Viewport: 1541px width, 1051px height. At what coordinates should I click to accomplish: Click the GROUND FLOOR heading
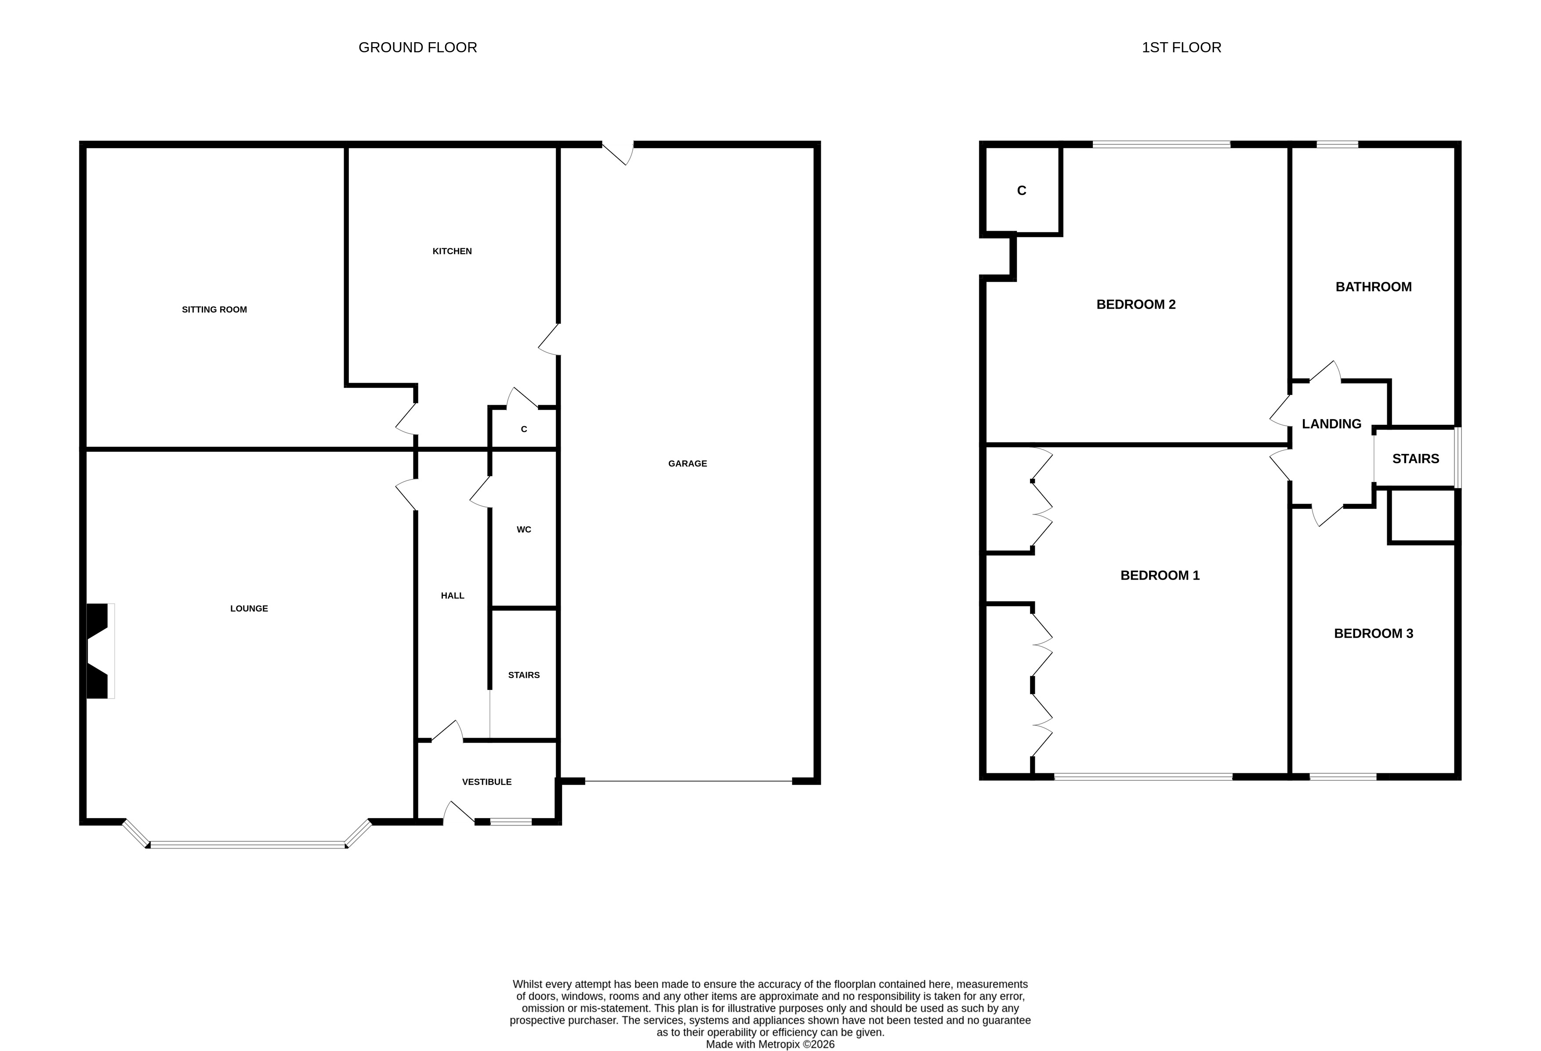click(418, 48)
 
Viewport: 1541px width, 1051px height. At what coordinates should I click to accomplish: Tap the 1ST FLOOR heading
click(1182, 48)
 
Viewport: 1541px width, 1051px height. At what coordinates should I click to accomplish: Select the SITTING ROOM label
click(214, 310)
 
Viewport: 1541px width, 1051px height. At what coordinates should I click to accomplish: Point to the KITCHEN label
click(452, 251)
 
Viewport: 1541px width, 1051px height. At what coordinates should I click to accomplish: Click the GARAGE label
click(688, 464)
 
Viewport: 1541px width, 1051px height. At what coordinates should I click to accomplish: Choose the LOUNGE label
click(249, 609)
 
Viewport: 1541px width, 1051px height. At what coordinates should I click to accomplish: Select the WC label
click(524, 530)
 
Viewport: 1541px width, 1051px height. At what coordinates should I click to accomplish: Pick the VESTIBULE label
click(487, 782)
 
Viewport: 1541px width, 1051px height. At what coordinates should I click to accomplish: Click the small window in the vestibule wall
click(511, 822)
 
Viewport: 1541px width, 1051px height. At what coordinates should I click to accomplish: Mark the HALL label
click(453, 595)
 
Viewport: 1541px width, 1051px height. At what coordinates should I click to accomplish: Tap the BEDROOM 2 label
click(1136, 304)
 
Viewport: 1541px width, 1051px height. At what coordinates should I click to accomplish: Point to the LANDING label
click(1331, 424)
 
